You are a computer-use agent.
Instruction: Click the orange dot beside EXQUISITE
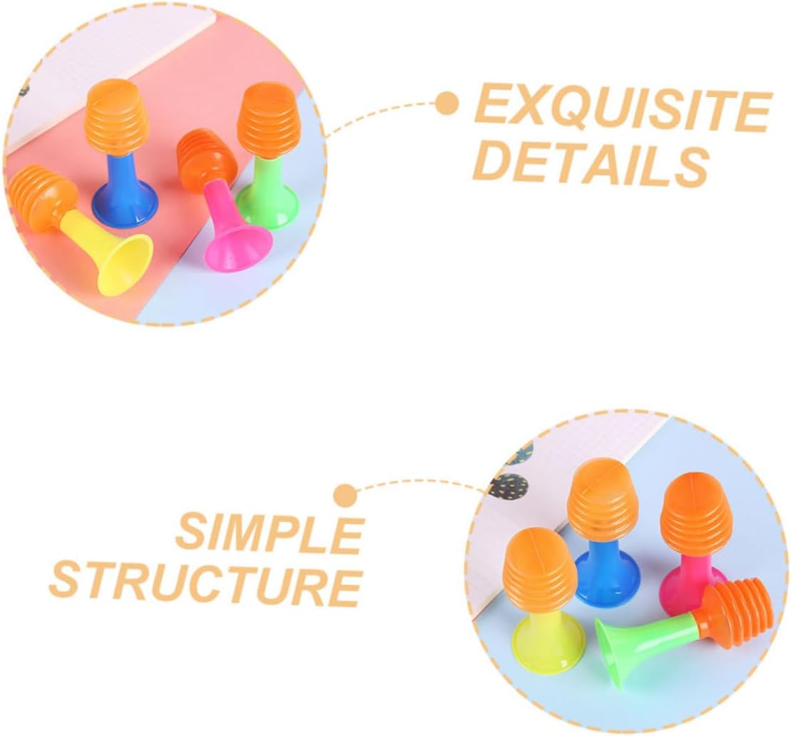447,104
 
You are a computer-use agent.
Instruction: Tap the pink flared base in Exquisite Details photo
239,247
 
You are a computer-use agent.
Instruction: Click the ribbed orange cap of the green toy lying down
735,611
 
